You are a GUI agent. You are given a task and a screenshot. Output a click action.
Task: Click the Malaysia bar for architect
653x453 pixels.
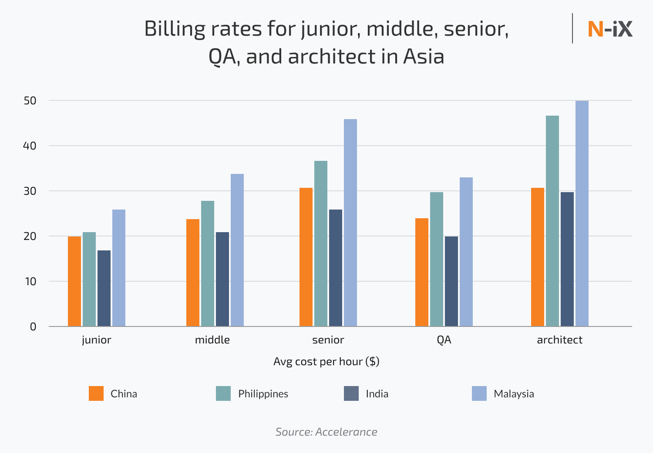(582, 213)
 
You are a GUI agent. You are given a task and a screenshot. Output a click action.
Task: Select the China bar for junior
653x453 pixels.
(74, 281)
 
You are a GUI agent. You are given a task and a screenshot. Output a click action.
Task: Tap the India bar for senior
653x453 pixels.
(336, 268)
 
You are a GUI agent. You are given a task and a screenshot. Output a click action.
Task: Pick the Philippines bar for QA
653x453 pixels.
(437, 259)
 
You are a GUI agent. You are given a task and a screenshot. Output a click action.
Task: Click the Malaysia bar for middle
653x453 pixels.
(237, 250)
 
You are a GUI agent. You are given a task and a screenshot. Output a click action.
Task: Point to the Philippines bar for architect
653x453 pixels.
(552, 221)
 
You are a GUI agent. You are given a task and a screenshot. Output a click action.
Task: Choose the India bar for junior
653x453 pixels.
(104, 288)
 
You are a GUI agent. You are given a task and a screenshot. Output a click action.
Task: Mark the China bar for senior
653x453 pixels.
(306, 257)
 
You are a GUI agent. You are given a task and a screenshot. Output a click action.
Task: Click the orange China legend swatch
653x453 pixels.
(96, 393)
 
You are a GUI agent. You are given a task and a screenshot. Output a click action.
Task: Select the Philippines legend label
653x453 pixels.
(263, 394)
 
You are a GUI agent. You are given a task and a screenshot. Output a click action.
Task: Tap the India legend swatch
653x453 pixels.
(351, 393)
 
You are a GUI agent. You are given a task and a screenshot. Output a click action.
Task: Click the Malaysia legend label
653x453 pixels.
(514, 394)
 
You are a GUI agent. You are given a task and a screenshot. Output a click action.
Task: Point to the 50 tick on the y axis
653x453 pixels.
(30, 100)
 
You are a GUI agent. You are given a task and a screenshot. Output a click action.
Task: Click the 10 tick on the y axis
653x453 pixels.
(30, 281)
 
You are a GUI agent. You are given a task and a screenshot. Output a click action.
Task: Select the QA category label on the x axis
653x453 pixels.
(444, 340)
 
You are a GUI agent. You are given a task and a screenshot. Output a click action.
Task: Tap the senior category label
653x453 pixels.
(328, 340)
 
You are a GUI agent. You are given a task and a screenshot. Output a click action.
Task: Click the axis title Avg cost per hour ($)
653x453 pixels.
(326, 361)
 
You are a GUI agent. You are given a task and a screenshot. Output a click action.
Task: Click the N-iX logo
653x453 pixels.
(610, 29)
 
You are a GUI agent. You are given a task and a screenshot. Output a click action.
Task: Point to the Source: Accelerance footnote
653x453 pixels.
(326, 432)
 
